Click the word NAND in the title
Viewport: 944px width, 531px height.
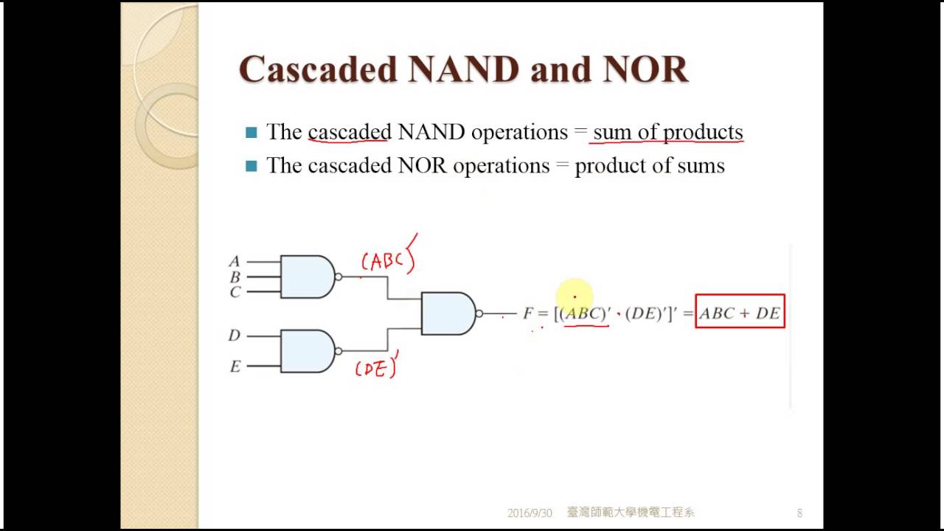pos(462,69)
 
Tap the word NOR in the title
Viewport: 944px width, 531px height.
pos(645,69)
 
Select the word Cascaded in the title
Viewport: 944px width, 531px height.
pos(318,69)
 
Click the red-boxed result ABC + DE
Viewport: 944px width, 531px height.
pos(740,313)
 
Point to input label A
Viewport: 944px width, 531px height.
pos(235,261)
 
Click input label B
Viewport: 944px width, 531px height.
pos(235,277)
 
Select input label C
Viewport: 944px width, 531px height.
pos(235,292)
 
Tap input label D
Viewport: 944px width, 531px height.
pos(235,336)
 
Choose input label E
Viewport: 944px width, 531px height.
pos(235,367)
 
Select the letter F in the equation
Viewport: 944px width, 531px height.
pos(528,313)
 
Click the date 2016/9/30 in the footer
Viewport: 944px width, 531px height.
pos(530,513)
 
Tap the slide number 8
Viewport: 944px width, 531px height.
pos(799,513)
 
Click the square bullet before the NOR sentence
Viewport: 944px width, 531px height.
pos(251,166)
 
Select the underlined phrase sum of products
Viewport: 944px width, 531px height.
pos(667,132)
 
